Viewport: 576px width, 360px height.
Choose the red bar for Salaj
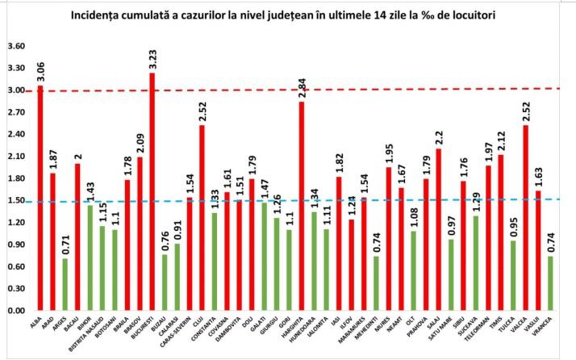[x=438, y=229]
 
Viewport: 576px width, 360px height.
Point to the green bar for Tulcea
[x=513, y=275]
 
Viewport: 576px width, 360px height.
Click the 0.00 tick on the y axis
[x=15, y=311]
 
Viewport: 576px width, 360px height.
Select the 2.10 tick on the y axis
[x=15, y=157]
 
